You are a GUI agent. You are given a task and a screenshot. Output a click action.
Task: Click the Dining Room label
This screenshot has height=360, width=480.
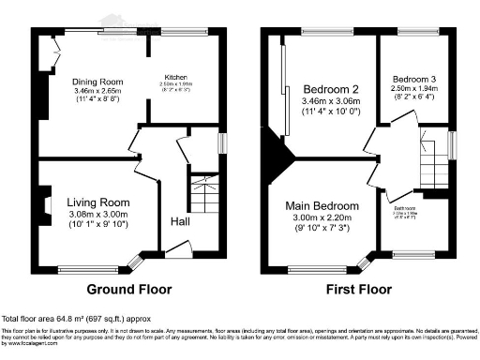point(98,82)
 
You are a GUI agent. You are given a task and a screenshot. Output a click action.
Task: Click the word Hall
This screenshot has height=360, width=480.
point(181,222)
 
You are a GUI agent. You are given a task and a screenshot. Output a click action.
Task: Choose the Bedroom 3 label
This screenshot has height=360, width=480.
point(410,79)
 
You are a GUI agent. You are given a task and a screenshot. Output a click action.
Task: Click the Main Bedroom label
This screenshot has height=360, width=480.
point(322,206)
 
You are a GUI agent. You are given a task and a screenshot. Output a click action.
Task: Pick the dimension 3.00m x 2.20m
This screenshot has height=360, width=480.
point(322,218)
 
